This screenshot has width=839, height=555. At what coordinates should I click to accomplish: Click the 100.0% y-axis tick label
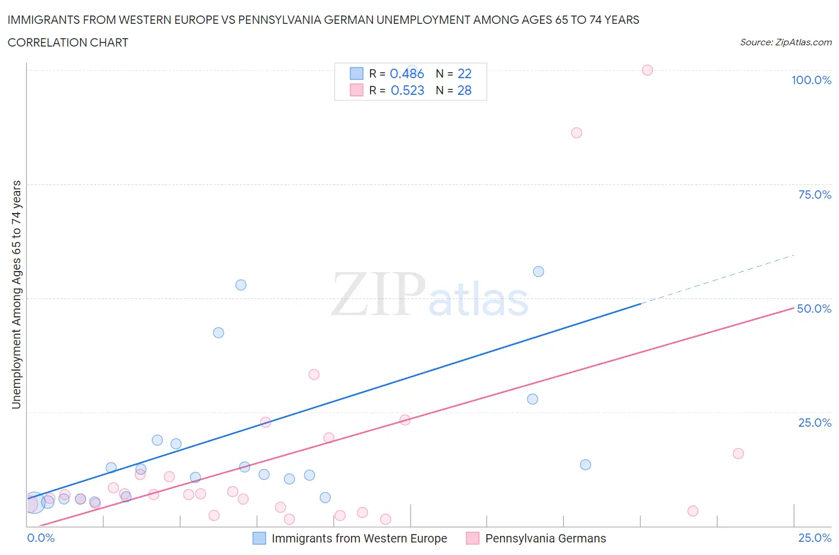(x=811, y=80)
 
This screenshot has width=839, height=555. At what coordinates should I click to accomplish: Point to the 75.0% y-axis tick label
(x=815, y=195)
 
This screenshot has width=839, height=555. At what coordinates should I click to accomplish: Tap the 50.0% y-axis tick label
(x=814, y=309)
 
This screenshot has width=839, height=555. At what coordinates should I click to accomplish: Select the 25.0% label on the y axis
(x=815, y=423)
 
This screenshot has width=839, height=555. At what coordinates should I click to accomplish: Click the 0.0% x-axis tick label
(x=41, y=538)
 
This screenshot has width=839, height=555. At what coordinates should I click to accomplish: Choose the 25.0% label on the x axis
(x=815, y=538)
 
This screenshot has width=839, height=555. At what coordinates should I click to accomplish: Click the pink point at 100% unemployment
(x=647, y=70)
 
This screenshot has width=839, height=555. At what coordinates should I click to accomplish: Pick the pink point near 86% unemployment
(x=576, y=132)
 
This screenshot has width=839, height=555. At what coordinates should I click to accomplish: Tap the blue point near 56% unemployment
(x=538, y=272)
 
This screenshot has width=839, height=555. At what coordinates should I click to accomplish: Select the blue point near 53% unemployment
(x=241, y=285)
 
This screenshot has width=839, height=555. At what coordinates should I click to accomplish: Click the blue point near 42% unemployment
(x=218, y=332)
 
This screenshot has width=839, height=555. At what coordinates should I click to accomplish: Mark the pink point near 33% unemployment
(x=314, y=374)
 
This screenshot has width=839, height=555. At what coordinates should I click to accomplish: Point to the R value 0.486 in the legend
(x=407, y=73)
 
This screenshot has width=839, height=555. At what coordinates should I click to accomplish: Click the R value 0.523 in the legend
(x=408, y=90)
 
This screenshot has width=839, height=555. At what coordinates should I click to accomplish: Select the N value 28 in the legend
(x=464, y=90)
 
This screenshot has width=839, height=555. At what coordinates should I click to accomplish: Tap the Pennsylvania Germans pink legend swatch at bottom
(x=473, y=538)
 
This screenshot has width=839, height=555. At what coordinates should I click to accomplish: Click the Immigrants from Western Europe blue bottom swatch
(x=259, y=538)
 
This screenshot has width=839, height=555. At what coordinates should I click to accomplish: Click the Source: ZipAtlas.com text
(x=785, y=42)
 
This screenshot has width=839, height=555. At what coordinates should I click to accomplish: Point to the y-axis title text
(x=16, y=295)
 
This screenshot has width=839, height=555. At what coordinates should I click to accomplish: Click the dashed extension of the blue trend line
(x=716, y=279)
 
